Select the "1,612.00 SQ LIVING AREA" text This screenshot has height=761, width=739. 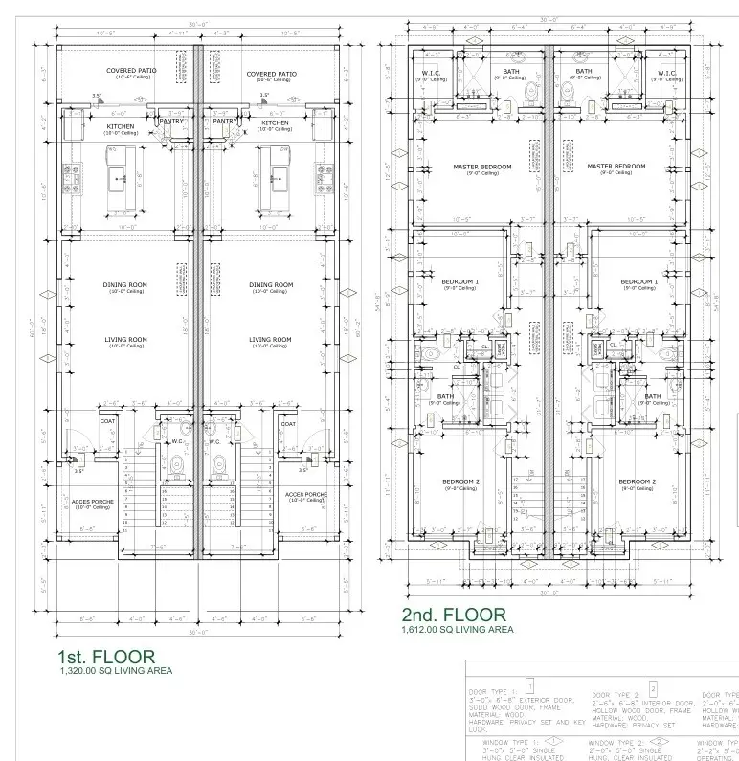[457, 630]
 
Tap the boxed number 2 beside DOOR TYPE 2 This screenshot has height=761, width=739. [653, 688]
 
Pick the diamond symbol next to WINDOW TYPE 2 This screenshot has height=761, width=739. [658, 741]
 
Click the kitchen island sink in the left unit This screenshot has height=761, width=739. [120, 176]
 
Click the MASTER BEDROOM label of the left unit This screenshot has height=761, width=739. [481, 167]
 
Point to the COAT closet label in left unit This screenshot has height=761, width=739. [107, 422]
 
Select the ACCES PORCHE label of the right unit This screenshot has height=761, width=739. [306, 495]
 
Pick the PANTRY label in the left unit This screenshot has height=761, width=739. [172, 122]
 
